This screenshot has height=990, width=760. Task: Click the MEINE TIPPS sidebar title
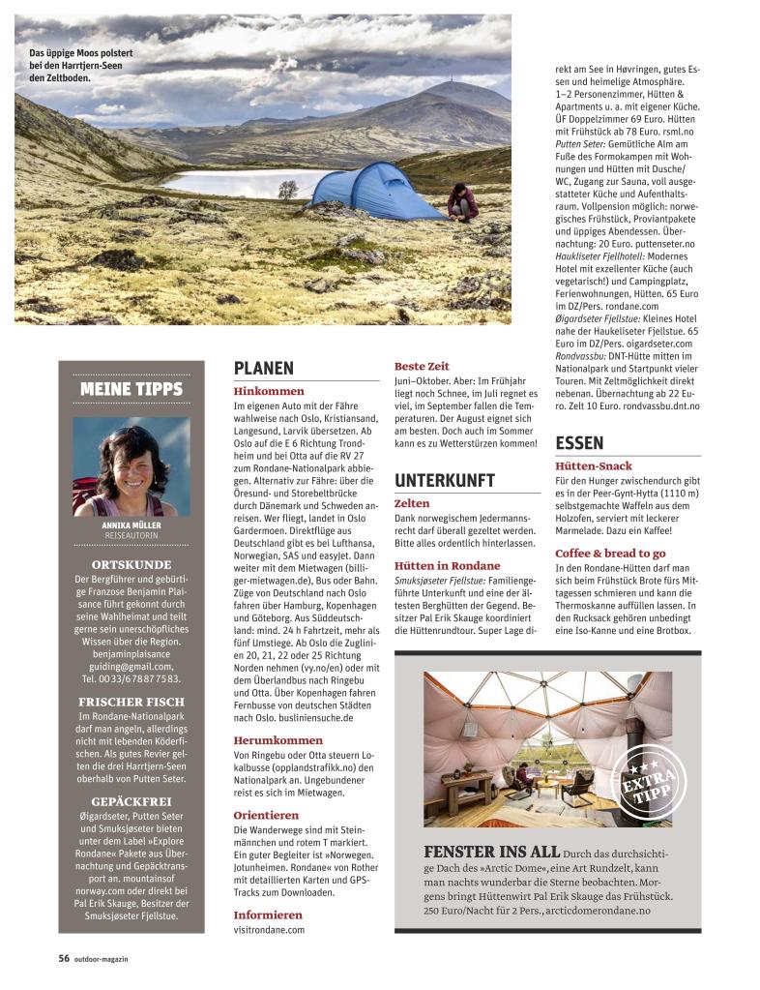click(132, 389)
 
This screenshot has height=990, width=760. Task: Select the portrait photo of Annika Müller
click(118, 466)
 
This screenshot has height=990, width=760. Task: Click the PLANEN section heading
click(264, 368)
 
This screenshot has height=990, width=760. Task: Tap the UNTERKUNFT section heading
click(444, 480)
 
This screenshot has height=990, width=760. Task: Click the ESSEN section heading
click(579, 443)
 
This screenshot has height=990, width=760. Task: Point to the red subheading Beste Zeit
click(422, 367)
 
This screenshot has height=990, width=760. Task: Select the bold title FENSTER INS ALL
click(491, 852)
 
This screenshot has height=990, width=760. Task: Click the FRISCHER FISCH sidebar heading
click(132, 702)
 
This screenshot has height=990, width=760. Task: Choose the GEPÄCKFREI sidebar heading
click(132, 802)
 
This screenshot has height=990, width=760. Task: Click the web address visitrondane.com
click(269, 929)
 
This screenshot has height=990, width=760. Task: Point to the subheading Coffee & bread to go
click(610, 553)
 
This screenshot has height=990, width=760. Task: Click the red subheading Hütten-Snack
click(595, 466)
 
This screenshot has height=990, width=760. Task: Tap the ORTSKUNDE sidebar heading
click(132, 564)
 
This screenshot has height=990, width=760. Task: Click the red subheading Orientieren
click(266, 815)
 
